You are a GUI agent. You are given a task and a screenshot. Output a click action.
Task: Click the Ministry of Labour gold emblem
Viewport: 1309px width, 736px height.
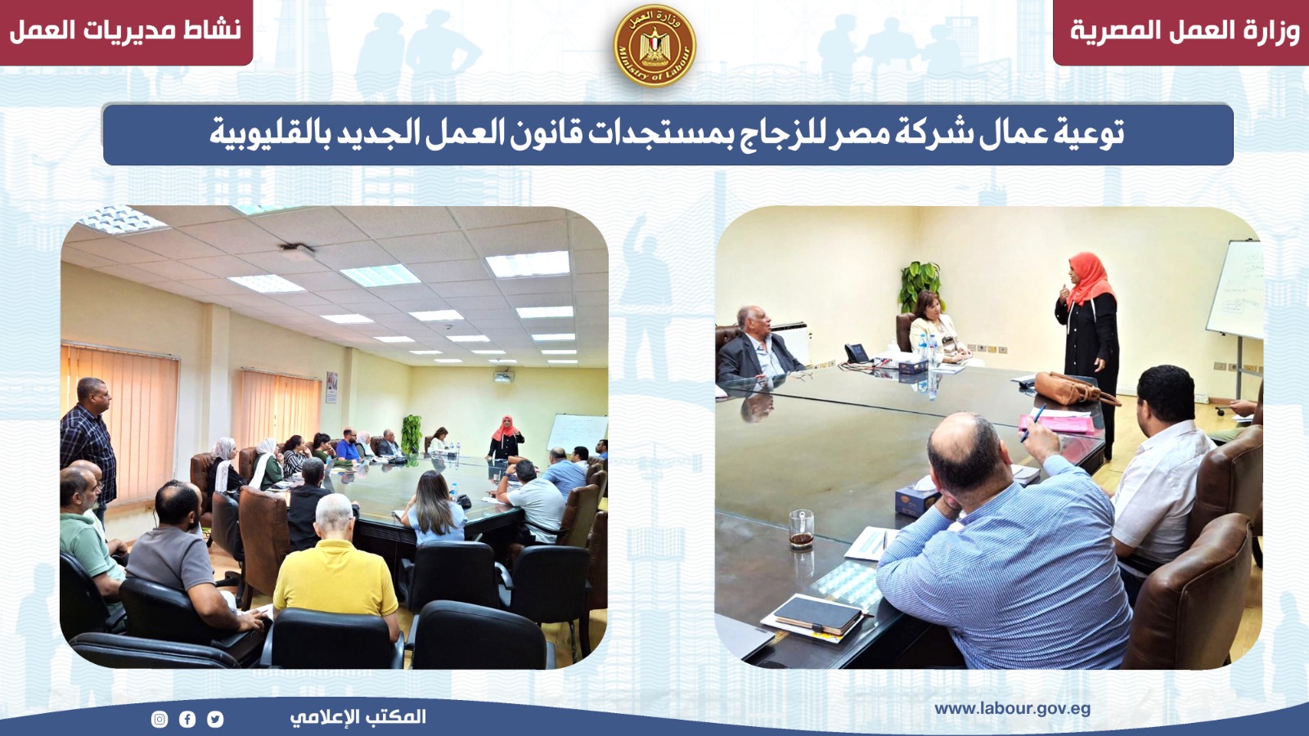654,46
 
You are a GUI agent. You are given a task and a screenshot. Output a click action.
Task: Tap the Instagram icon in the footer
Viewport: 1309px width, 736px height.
160,719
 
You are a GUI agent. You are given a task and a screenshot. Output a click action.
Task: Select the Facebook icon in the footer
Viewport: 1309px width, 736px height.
187,719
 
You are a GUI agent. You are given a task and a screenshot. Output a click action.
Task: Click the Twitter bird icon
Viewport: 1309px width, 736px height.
215,719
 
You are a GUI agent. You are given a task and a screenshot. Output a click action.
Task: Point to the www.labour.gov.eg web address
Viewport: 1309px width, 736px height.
1012,710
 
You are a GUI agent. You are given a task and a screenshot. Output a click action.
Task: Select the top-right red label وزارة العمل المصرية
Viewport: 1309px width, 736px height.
1185,31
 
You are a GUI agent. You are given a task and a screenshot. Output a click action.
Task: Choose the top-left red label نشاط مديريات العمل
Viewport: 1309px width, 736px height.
126,31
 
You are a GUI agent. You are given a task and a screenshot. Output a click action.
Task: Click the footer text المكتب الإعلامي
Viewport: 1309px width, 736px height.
358,717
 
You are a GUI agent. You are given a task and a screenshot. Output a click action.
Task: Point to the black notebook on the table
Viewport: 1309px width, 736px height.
817,615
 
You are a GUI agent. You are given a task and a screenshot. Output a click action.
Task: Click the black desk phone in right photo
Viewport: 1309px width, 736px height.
857,353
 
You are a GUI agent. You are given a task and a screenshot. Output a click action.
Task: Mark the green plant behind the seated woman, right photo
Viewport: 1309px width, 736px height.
920,285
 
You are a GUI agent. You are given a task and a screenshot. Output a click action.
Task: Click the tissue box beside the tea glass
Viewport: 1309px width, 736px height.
917,500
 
